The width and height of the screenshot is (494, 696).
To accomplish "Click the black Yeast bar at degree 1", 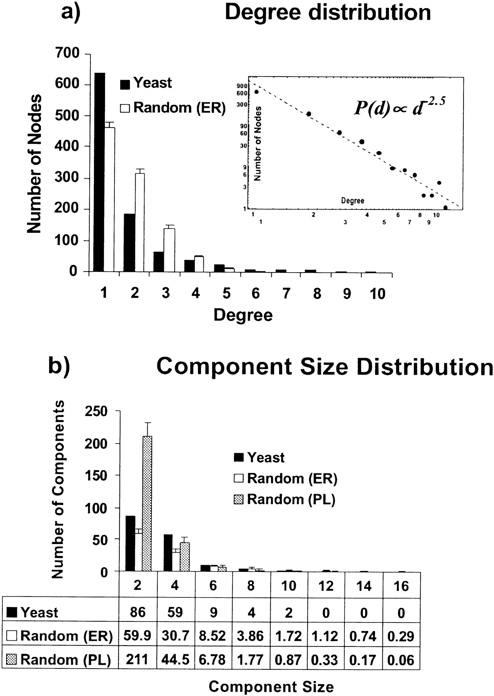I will pyautogui.click(x=100, y=172).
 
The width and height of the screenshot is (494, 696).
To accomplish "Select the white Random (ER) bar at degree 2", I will pyautogui.click(x=140, y=222).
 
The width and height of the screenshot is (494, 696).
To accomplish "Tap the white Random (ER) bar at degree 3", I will pyautogui.click(x=169, y=250).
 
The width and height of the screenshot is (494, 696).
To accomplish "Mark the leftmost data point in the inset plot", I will pyautogui.click(x=256, y=92).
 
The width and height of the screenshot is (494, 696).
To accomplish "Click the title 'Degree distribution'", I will pyautogui.click(x=328, y=12).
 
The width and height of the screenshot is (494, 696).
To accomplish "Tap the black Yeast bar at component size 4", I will pyautogui.click(x=168, y=553).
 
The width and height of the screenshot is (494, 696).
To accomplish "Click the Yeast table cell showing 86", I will pyautogui.click(x=138, y=612).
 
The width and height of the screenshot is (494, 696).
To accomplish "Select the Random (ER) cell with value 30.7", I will pyautogui.click(x=175, y=636).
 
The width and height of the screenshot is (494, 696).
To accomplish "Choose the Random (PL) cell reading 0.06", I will pyautogui.click(x=401, y=660).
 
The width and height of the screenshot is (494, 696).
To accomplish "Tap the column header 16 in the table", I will pyautogui.click(x=401, y=586).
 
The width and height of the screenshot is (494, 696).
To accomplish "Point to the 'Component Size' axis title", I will pyautogui.click(x=271, y=687).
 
